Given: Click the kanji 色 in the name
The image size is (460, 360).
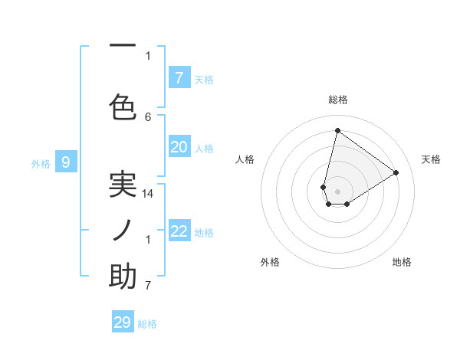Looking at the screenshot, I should (123, 106).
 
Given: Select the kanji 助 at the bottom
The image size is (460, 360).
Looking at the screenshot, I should (123, 277).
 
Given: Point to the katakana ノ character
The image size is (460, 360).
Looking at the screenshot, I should (123, 231).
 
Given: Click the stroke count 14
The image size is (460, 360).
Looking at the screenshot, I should (148, 194).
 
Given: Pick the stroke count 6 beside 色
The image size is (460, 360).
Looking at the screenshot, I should (148, 116).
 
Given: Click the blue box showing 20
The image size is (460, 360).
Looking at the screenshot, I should (179, 147).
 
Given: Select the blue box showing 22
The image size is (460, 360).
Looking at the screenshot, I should (179, 231).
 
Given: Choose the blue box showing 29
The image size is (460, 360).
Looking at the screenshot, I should (123, 322).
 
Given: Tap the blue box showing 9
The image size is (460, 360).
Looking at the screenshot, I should (66, 162).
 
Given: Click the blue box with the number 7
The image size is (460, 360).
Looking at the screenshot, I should (179, 77).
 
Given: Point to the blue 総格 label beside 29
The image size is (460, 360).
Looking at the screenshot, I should (147, 324).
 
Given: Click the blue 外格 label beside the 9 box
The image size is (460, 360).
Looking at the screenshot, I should (40, 163).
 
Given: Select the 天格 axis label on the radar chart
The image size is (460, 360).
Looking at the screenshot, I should (431, 159).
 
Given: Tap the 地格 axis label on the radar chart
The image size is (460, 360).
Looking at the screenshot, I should (402, 262).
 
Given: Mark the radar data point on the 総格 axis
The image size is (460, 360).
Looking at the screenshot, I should (337, 130).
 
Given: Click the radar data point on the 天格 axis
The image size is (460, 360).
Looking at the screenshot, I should (396, 172).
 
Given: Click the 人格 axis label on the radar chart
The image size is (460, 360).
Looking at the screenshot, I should (245, 159).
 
